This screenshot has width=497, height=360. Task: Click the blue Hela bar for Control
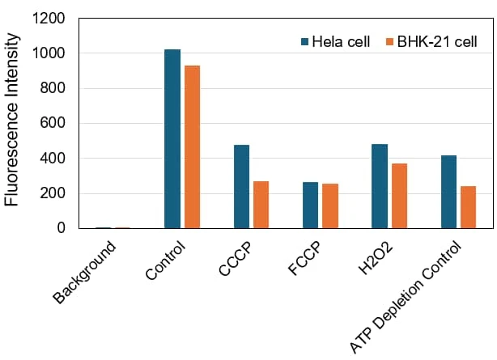coord(172,139)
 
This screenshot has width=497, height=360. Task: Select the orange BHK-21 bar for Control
coord(192,146)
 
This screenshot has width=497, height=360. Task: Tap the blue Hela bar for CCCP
coord(241,186)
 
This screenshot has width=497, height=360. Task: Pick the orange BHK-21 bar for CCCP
coord(261,205)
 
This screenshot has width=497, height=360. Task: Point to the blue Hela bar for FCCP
coord(310,205)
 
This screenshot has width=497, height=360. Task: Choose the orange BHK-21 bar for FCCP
coord(330,206)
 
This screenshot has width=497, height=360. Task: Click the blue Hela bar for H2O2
coord(380,186)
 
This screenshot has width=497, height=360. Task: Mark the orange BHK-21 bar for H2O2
coord(399,196)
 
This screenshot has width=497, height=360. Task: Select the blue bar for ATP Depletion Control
coord(448,192)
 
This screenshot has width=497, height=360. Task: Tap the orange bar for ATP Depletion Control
coord(469,207)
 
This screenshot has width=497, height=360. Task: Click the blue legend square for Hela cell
coord(304,41)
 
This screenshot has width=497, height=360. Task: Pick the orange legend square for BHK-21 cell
coord(389,41)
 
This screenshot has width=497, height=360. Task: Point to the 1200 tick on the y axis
coord(49,19)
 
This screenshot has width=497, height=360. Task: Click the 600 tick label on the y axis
coord(53,123)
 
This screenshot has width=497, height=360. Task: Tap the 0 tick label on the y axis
coord(62,227)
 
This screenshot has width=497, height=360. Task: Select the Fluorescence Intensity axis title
coord(11,120)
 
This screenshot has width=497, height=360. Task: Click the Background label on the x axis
coord(85,272)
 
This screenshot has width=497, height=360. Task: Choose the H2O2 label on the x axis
coord(376,259)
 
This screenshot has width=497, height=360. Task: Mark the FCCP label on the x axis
coord(305,258)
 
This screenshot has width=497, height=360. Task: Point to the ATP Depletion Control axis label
coord(405,297)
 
